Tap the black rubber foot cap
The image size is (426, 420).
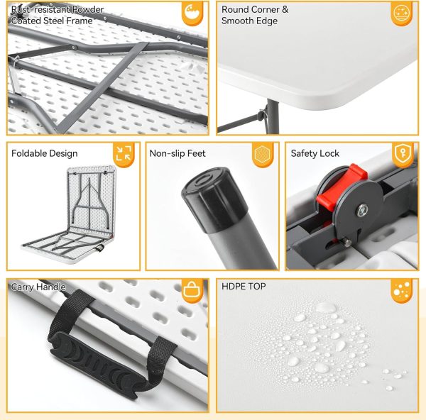pos(214,199)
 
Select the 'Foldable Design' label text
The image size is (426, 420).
pos(45,153)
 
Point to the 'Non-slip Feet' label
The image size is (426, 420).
pos(177,153)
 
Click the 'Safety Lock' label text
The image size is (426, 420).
pos(315,153)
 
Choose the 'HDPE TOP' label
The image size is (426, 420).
pos(244,286)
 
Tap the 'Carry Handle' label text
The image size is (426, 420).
pos(38,287)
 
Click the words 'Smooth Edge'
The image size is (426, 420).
pos(249,21)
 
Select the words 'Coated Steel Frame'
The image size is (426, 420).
pos(52,21)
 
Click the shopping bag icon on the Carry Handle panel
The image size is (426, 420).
pos(192,290)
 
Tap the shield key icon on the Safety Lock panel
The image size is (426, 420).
pos(403,153)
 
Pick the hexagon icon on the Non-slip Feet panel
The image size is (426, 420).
pos(263,154)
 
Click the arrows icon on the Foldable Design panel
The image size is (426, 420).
pos(124,153)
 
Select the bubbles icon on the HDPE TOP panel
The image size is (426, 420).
pos(402,289)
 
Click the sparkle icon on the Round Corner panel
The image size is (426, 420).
pos(402,13)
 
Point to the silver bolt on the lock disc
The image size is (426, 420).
pos(362,210)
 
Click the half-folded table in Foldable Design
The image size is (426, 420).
pos(70,214)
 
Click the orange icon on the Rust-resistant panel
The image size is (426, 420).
pos(192,13)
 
